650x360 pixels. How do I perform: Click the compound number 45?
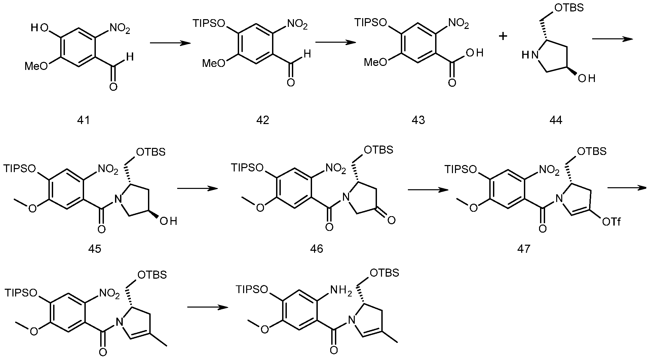click(x=94, y=249)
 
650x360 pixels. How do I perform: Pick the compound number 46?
click(x=317, y=249)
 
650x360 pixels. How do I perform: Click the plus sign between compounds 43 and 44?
click(x=503, y=36)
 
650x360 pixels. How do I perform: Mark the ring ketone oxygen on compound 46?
click(x=391, y=220)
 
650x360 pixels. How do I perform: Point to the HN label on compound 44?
click(x=529, y=55)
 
